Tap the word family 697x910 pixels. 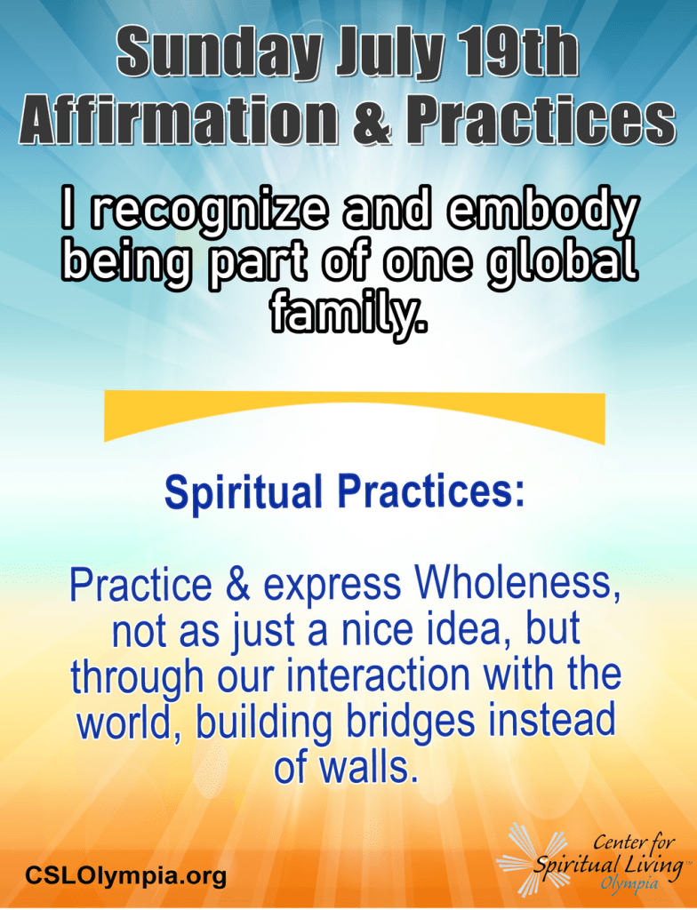click(348, 315)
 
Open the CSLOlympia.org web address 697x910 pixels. click(125, 875)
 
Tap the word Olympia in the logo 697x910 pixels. click(630, 883)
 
